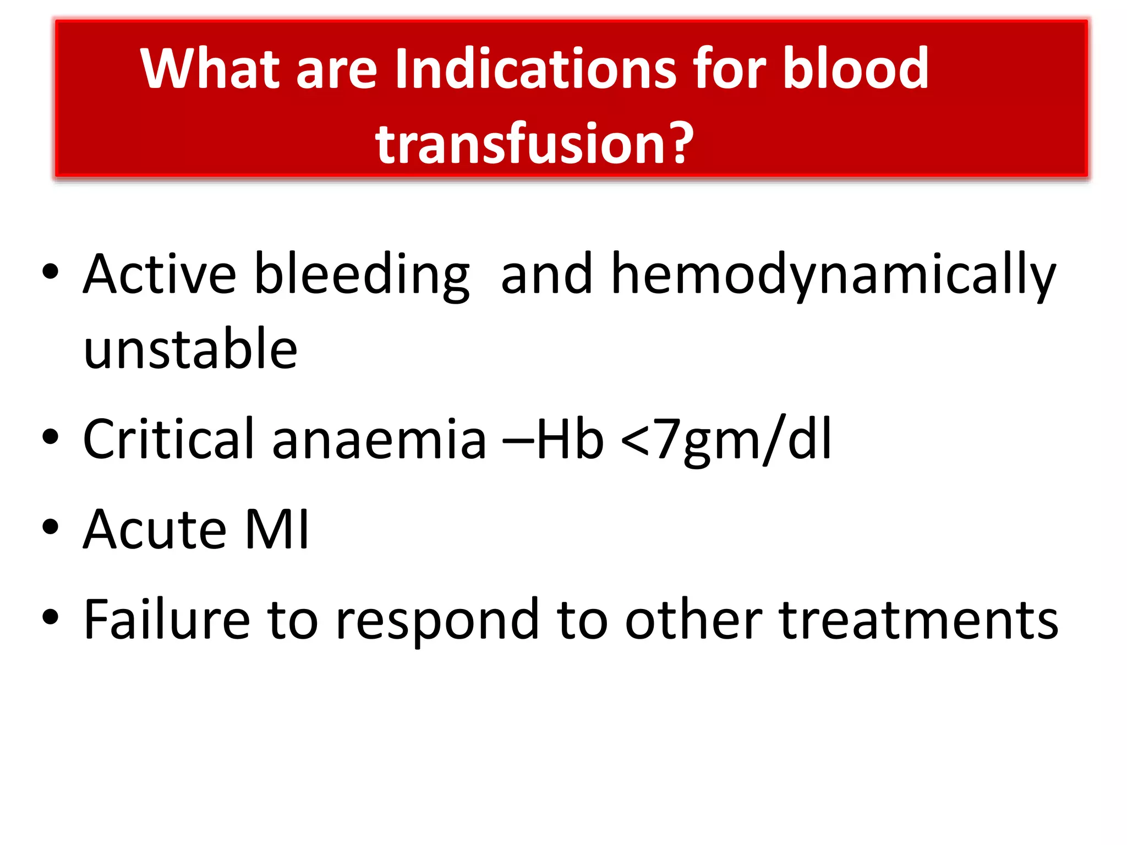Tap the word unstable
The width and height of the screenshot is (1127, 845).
pyautogui.click(x=190, y=349)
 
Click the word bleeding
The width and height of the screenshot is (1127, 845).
pyautogui.click(x=362, y=275)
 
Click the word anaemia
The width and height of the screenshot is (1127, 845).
pyautogui.click(x=379, y=440)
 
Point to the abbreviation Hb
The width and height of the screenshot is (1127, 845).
pyautogui.click(x=570, y=440)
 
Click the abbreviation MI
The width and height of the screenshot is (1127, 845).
pyautogui.click(x=277, y=530)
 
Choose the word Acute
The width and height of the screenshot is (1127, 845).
pyautogui.click(x=155, y=530)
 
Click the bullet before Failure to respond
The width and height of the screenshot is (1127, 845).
pyautogui.click(x=50, y=617)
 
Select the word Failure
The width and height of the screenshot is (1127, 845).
pyautogui.click(x=167, y=620)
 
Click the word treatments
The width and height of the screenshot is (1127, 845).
pyautogui.click(x=918, y=620)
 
